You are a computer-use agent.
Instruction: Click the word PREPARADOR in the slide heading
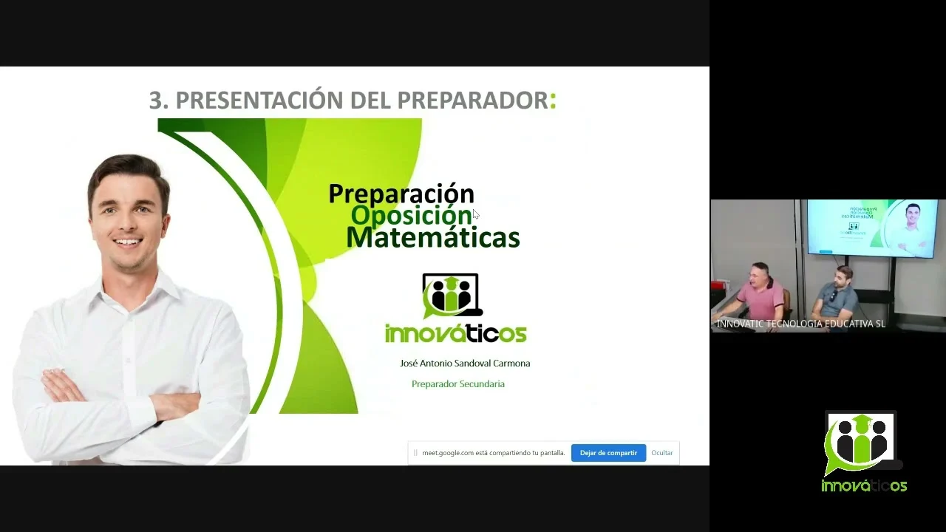click(x=472, y=100)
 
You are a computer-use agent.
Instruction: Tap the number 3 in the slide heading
click(x=156, y=100)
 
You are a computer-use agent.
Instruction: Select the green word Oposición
click(x=411, y=215)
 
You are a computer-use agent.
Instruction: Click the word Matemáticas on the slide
click(x=433, y=237)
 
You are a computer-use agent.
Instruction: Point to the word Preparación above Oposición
click(x=401, y=194)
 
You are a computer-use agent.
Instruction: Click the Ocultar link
click(x=661, y=453)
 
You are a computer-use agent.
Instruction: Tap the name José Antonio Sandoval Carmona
click(x=465, y=363)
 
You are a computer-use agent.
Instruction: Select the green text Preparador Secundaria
click(x=458, y=383)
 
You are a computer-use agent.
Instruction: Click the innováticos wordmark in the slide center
click(x=456, y=333)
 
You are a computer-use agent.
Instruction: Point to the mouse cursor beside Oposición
click(x=475, y=214)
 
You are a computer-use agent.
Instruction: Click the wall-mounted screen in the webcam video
click(x=872, y=228)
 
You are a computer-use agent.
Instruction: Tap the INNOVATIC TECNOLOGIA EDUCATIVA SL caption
click(x=800, y=324)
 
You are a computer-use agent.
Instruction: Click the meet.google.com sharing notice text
click(x=493, y=453)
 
